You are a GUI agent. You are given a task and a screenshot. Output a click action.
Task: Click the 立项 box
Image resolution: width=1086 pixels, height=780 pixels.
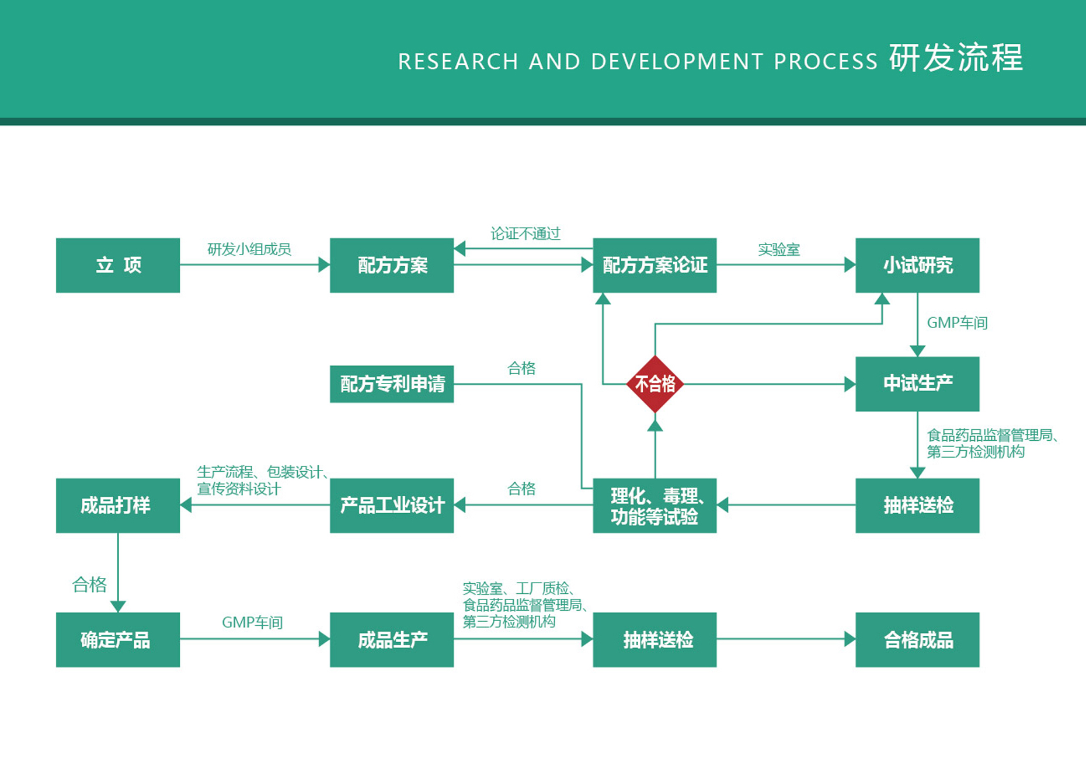[x=118, y=265]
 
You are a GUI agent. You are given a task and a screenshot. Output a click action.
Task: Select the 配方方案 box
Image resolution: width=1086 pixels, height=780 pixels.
[x=392, y=265]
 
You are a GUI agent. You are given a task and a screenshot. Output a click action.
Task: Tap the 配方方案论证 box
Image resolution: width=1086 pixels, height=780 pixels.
[x=655, y=265]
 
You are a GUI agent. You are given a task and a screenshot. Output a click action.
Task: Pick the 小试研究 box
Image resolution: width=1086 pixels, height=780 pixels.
[x=917, y=265]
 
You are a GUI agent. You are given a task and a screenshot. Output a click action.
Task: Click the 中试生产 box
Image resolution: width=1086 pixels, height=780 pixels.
[x=917, y=384]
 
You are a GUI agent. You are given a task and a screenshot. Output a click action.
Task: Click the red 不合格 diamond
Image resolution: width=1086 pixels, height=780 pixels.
[x=655, y=384]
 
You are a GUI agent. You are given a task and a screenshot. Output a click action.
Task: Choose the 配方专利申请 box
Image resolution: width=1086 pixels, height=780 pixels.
[x=392, y=384]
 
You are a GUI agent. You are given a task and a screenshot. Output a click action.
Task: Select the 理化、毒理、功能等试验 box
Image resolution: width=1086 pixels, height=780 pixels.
[x=655, y=506]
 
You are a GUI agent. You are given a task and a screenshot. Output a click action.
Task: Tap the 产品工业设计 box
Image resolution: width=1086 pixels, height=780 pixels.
[x=392, y=506]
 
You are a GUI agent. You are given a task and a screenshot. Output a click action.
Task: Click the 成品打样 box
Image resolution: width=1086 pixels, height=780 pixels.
[x=118, y=506]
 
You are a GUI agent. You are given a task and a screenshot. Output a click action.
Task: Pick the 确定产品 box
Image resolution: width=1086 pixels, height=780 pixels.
[x=118, y=640]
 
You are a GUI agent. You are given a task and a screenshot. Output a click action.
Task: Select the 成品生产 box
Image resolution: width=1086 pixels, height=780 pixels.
[x=392, y=640]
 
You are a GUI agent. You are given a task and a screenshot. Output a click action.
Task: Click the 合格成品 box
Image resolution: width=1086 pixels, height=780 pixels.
[x=917, y=640]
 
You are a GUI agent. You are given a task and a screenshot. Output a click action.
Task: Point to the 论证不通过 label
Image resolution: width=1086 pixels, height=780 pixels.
[x=525, y=234]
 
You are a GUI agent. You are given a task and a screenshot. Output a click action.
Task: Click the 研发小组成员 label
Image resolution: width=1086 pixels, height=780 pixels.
[x=249, y=249]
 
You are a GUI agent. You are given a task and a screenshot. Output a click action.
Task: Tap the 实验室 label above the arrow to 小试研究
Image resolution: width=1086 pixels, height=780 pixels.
[x=779, y=250]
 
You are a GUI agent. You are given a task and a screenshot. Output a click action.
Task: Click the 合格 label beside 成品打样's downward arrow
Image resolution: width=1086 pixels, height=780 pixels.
[x=89, y=584]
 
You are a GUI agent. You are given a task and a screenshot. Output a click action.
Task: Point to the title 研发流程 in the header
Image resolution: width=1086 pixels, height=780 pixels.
[x=956, y=58]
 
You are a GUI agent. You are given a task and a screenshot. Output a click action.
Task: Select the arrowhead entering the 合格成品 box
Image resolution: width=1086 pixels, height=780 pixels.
[x=850, y=639]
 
